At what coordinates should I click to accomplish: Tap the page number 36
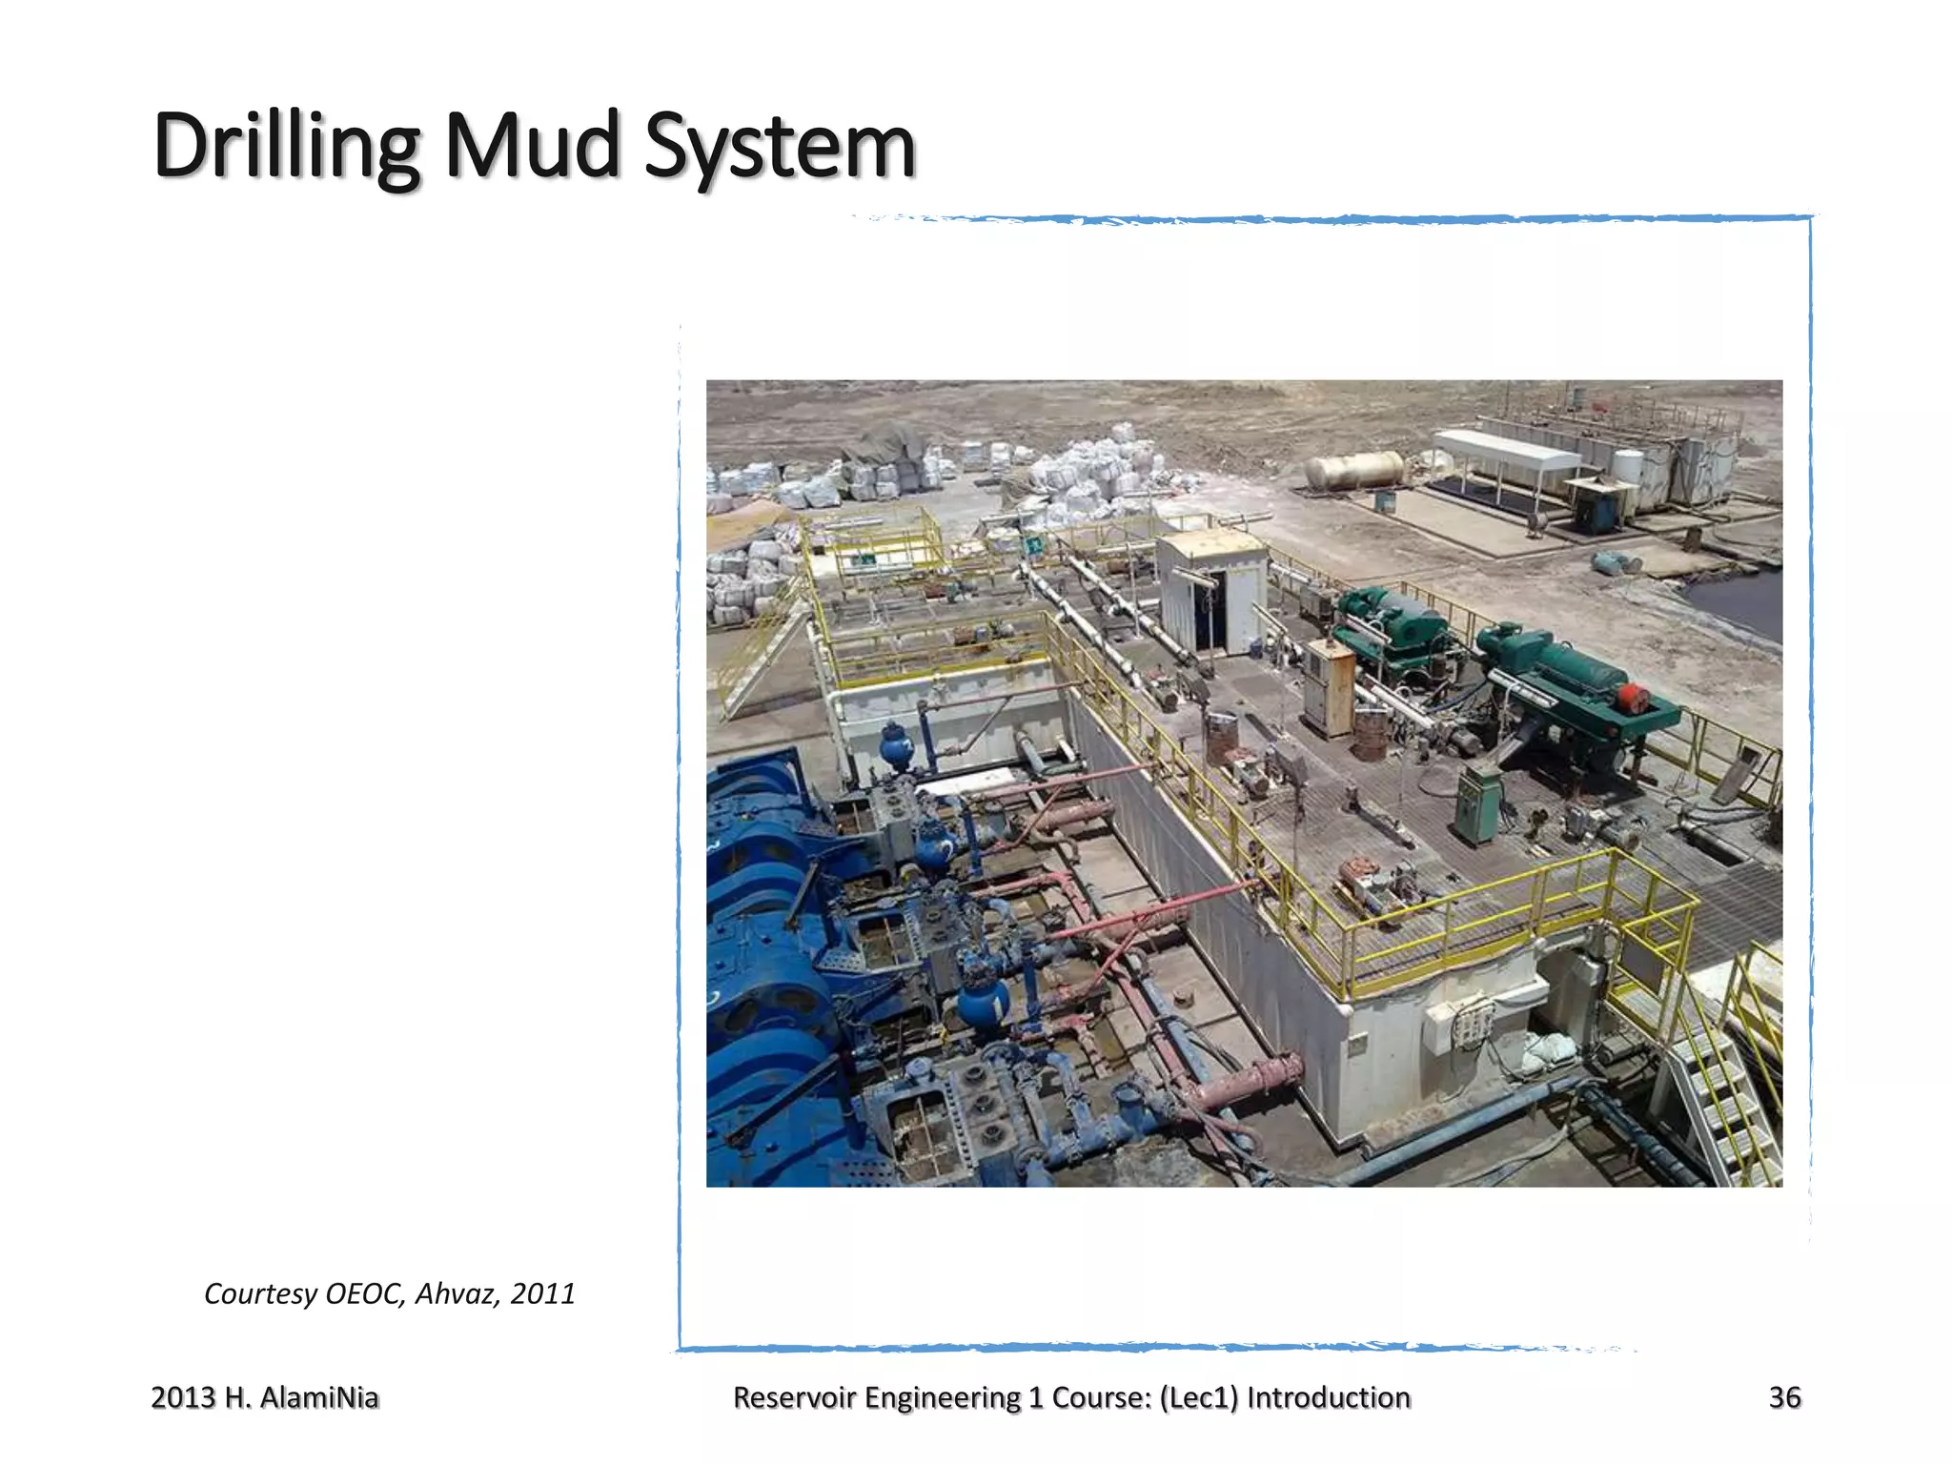pos(1784,1397)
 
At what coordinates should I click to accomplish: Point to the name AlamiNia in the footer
pos(318,1397)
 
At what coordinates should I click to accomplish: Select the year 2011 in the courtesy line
pos(542,1293)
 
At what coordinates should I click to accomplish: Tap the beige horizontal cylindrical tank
pos(1354,469)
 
